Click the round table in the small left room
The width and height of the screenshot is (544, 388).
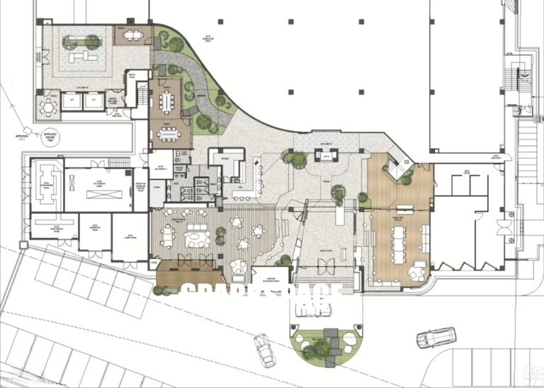pos(49,107)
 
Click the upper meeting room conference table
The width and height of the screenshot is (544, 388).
pos(167,101)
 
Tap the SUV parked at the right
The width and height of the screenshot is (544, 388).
pos(435,337)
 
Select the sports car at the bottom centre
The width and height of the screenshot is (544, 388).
pos(264,349)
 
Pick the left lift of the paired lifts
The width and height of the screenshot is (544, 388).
pos(72,101)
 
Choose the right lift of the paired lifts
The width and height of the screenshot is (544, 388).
pos(93,101)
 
